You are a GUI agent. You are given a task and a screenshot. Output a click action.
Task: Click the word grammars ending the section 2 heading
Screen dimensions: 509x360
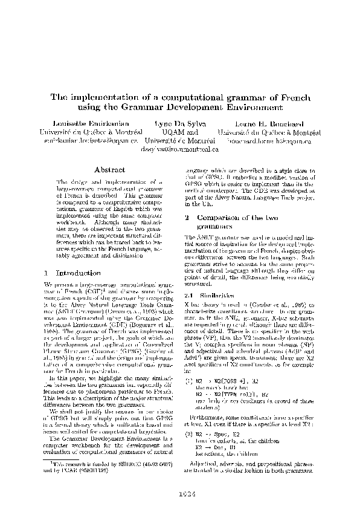click(211, 225)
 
